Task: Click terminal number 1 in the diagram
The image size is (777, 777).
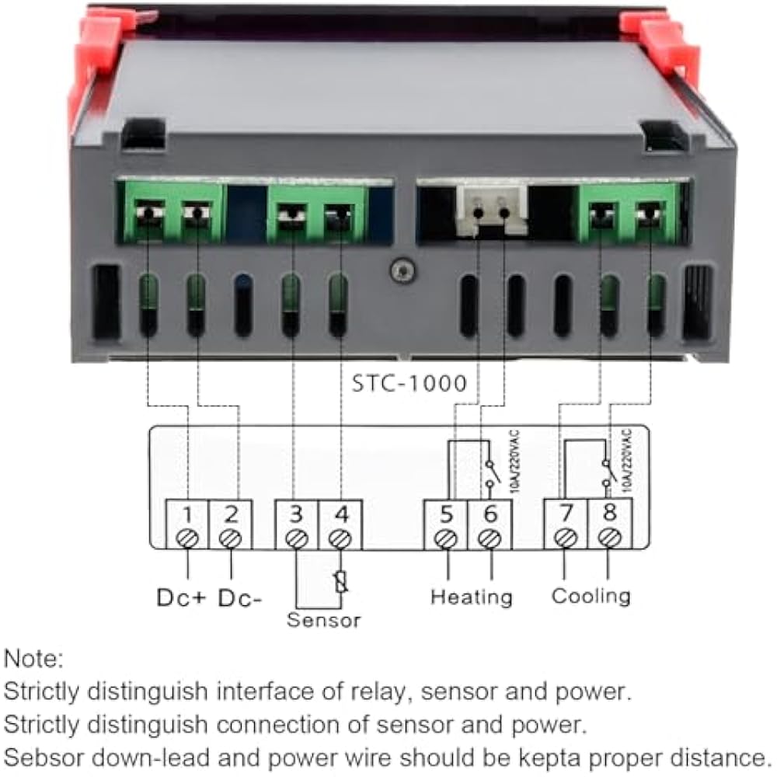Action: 187,514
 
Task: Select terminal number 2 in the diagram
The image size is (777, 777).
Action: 230,514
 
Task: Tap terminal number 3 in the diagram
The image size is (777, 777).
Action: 296,514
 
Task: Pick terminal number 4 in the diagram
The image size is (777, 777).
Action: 339,514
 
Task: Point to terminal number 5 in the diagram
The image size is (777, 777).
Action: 445,514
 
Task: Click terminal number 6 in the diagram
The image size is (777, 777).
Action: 489,514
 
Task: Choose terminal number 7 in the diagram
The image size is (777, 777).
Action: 566,513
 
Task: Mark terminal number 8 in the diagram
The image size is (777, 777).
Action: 609,513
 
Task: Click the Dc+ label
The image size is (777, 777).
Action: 181,598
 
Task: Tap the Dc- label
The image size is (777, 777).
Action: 240,598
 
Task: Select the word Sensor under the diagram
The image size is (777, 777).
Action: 323,620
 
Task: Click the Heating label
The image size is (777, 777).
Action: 472,597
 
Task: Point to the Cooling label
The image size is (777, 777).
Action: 591,596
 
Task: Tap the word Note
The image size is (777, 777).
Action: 33,660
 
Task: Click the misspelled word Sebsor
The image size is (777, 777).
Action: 46,756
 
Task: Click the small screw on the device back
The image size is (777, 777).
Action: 401,271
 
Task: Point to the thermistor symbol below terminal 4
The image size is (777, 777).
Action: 340,581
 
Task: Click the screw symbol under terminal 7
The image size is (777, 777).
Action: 566,538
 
